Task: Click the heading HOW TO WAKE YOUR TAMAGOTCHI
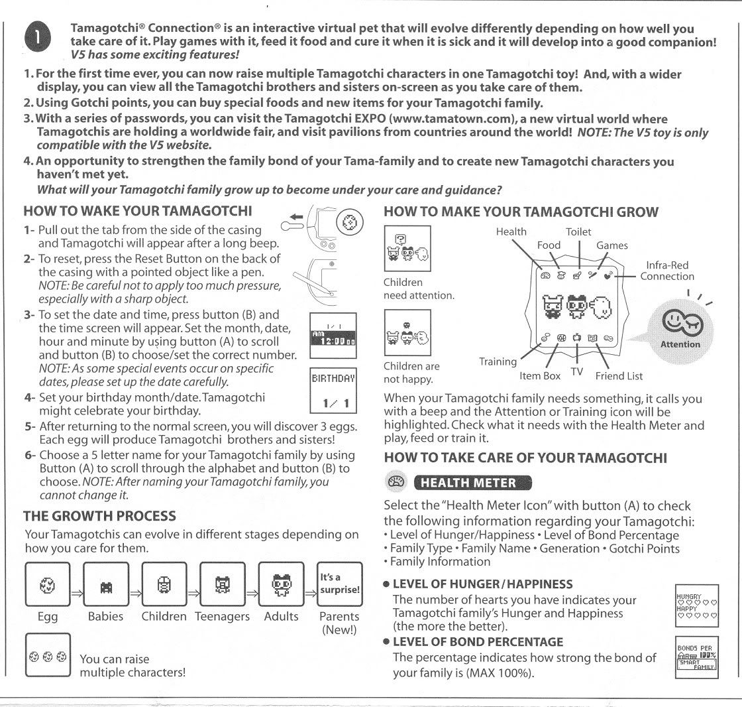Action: click(138, 212)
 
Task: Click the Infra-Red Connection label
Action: click(666, 271)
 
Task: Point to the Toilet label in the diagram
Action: click(578, 231)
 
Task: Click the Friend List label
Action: click(618, 376)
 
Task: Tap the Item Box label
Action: click(541, 375)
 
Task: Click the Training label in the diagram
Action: click(498, 361)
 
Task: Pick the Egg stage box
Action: click(47, 584)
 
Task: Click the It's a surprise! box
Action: click(340, 584)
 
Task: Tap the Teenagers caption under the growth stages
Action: click(222, 617)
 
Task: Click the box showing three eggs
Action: click(47, 655)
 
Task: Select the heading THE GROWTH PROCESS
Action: click(99, 516)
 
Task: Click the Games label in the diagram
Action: click(611, 245)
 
